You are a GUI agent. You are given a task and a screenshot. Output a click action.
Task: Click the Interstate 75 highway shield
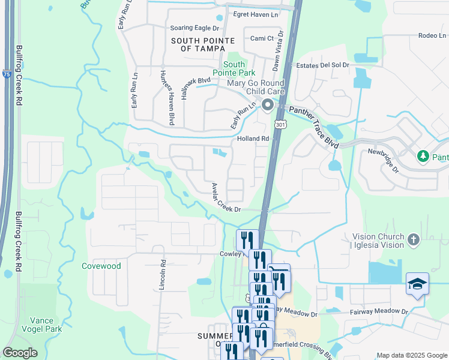tap(6, 74)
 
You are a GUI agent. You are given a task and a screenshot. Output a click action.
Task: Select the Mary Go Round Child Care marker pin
tap(267, 106)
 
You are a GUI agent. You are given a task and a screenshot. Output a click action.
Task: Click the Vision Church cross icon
tap(412, 240)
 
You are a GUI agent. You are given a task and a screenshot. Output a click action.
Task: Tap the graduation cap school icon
tap(417, 285)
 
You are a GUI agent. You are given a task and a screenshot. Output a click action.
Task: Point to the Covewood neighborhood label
tap(101, 266)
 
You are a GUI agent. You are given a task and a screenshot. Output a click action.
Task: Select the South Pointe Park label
tap(234, 68)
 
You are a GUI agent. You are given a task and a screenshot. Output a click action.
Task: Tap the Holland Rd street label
tap(253, 139)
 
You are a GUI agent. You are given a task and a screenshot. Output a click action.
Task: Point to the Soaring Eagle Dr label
tap(195, 28)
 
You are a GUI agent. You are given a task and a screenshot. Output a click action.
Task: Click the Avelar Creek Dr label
tap(224, 198)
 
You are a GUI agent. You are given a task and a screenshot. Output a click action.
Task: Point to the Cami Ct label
tap(262, 38)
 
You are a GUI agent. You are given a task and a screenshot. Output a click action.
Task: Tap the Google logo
tap(20, 353)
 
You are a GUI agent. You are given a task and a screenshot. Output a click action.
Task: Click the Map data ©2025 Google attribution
tap(411, 355)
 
